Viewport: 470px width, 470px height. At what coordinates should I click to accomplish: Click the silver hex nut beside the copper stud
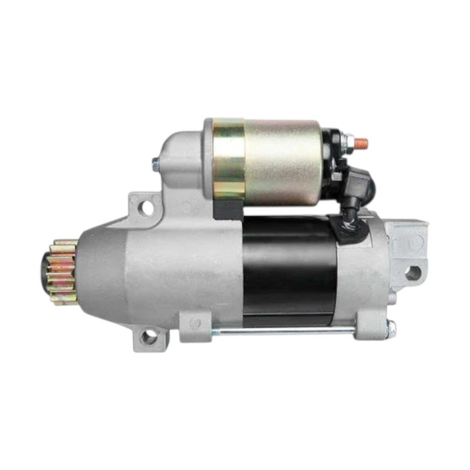pyautogui.click(x=348, y=142)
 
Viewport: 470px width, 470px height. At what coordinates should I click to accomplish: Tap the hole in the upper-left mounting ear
pyautogui.click(x=145, y=207)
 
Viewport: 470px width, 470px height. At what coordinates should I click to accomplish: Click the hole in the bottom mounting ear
pyautogui.click(x=150, y=337)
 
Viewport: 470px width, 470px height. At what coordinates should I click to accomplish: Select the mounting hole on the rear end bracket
pyautogui.click(x=414, y=272)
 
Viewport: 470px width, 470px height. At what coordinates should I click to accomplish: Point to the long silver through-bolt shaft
pyautogui.click(x=288, y=333)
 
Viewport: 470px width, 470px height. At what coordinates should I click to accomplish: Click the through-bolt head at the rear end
pyautogui.click(x=391, y=328)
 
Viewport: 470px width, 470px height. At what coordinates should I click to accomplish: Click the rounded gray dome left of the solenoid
pyautogui.click(x=182, y=153)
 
